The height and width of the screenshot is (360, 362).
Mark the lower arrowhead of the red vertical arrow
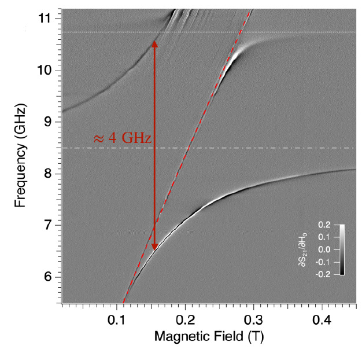pyautogui.click(x=154, y=247)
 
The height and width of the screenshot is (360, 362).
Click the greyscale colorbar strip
pyautogui.click(x=341, y=249)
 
